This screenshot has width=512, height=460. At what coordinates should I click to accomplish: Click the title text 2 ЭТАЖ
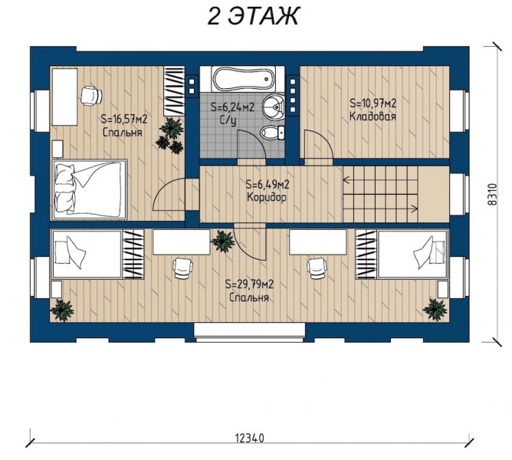pyautogui.click(x=253, y=15)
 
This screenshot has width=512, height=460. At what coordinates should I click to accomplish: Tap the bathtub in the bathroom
pyautogui.click(x=243, y=79)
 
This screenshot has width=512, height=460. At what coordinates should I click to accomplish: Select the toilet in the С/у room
pyautogui.click(x=272, y=133)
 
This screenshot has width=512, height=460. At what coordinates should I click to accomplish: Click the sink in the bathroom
pyautogui.click(x=274, y=107)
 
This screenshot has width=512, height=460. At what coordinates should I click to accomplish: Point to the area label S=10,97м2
pyautogui.click(x=373, y=103)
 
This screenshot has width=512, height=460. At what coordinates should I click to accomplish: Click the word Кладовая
pyautogui.click(x=373, y=117)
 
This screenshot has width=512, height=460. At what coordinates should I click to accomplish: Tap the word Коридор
pyautogui.click(x=267, y=197)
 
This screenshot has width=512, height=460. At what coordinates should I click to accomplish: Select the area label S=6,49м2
pyautogui.click(x=267, y=185)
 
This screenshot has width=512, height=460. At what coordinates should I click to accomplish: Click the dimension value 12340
pyautogui.click(x=249, y=438)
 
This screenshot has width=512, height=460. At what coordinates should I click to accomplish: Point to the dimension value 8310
pyautogui.click(x=492, y=194)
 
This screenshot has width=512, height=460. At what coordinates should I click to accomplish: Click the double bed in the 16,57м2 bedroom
pyautogui.click(x=90, y=189)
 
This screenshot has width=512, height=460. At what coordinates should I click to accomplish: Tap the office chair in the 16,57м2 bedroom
pyautogui.click(x=91, y=95)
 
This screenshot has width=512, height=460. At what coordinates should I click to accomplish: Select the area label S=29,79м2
pyautogui.click(x=249, y=284)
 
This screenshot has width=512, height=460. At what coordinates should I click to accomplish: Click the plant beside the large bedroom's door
pyautogui.click(x=223, y=241)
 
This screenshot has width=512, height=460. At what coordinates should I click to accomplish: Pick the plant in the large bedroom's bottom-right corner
pyautogui.click(x=435, y=310)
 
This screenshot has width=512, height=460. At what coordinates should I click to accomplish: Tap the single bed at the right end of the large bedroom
pyautogui.click(x=412, y=255)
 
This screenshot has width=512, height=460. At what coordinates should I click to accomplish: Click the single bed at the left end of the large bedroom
pyautogui.click(x=87, y=255)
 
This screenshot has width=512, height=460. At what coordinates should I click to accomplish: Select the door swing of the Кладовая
pyautogui.click(x=319, y=146)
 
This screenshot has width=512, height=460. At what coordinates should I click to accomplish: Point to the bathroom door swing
pyautogui.click(x=251, y=146)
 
